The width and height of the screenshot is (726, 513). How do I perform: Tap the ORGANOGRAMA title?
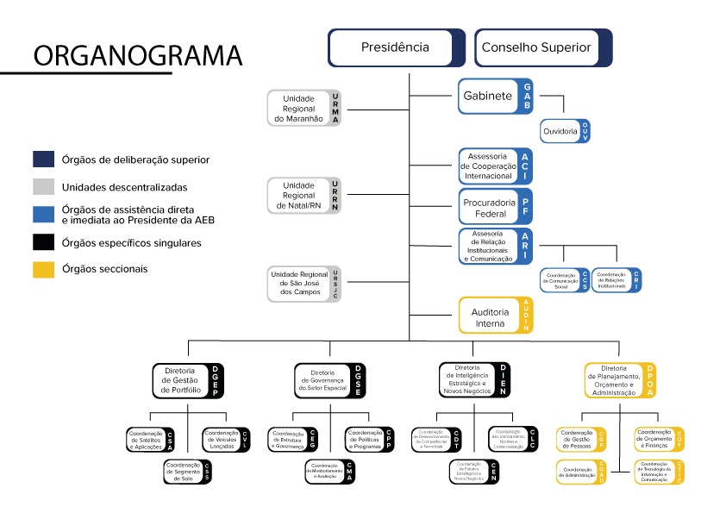[137, 55]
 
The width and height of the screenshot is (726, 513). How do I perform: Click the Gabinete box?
[495, 96]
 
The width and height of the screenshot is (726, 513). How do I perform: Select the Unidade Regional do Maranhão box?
[304, 109]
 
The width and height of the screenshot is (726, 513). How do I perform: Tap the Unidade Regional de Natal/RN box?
[304, 196]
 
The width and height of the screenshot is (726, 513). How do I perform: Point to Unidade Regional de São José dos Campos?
[304, 285]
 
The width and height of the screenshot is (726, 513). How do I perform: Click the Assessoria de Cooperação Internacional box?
[495, 166]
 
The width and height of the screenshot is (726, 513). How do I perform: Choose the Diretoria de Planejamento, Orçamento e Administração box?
[620, 380]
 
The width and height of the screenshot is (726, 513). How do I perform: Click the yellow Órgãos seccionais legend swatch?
[44, 270]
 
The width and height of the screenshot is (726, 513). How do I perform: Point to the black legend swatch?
[44, 243]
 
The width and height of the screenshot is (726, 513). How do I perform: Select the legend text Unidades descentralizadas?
[124, 186]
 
